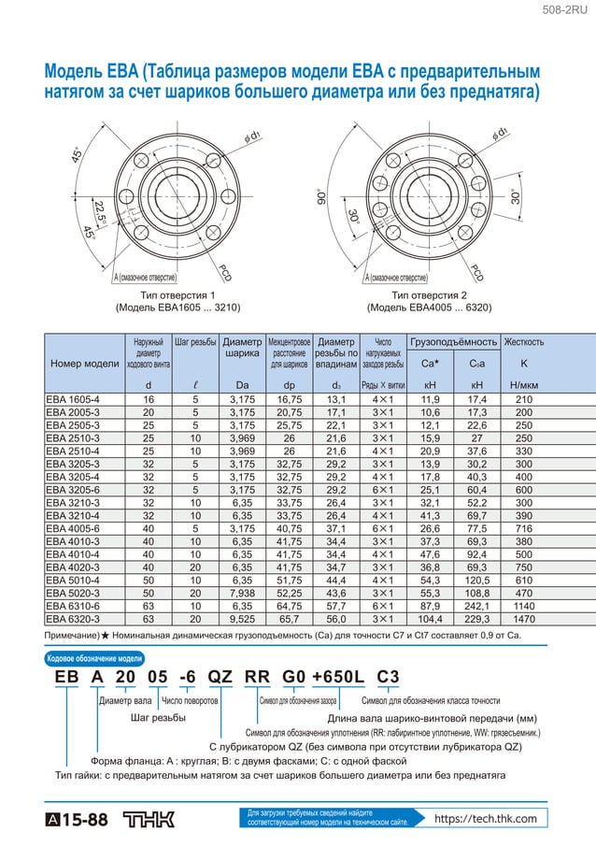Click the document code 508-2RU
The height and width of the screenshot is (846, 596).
(569, 10)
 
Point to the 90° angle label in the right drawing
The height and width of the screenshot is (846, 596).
(319, 198)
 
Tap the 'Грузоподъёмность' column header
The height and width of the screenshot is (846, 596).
(454, 342)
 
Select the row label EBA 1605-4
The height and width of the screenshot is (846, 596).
(73, 399)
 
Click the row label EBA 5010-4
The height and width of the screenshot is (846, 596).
(73, 581)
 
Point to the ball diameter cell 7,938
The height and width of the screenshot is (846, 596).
(242, 594)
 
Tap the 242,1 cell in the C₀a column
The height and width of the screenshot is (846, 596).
(476, 606)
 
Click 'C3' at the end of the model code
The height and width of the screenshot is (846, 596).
(389, 680)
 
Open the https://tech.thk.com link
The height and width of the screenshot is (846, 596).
(485, 819)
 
